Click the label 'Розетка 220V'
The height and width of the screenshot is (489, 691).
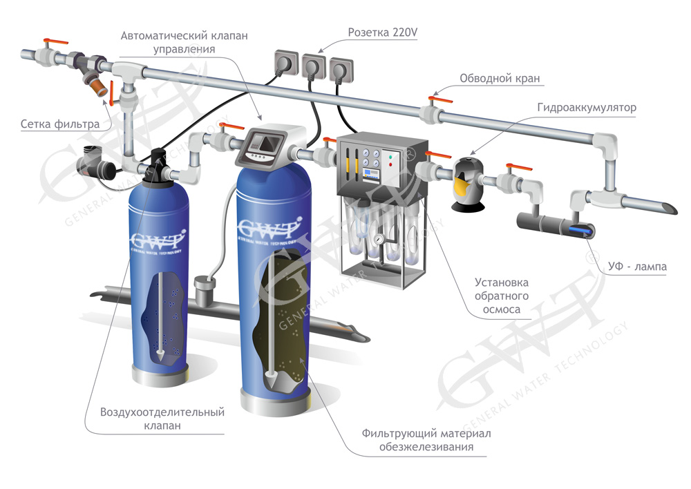pyautogui.click(x=383, y=32)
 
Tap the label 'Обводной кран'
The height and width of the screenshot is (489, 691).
pyautogui.click(x=500, y=79)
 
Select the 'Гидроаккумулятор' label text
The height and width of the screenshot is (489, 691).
pyautogui.click(x=587, y=108)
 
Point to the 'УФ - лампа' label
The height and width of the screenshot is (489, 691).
pyautogui.click(x=637, y=266)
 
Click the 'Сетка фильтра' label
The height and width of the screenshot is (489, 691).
pyautogui.click(x=60, y=124)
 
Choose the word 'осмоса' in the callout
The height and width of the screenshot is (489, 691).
pyautogui.click(x=502, y=309)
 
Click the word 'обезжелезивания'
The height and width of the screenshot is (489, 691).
pyautogui.click(x=426, y=447)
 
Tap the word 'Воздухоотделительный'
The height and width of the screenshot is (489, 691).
pyautogui.click(x=162, y=412)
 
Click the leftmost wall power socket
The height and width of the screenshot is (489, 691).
pyautogui.click(x=287, y=62)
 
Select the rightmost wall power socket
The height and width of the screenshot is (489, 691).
pyautogui.click(x=341, y=69)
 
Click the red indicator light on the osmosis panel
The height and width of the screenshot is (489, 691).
pyautogui.click(x=390, y=165)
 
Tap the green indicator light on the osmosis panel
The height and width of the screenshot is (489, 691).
pyautogui.click(x=390, y=156)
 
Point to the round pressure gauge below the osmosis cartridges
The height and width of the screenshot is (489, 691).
pyautogui.click(x=378, y=239)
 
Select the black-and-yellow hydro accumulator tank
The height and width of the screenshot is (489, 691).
pyautogui.click(x=468, y=184)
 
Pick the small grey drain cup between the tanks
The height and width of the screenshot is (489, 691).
pyautogui.click(x=203, y=291)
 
